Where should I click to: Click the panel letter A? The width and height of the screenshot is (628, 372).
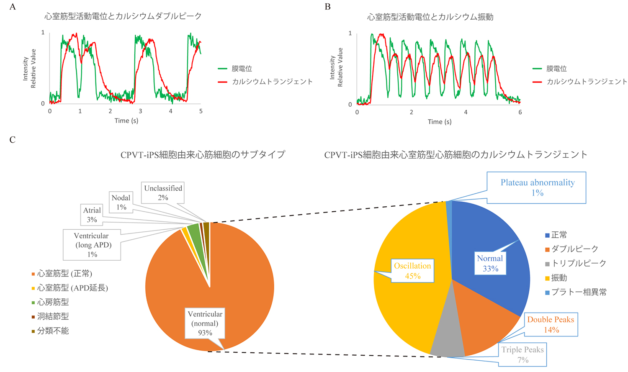tap(13, 7)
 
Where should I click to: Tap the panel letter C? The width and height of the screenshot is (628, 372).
tap(12, 139)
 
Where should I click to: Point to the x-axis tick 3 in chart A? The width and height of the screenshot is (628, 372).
tap(140, 111)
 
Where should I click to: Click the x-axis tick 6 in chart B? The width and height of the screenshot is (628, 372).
tap(520, 112)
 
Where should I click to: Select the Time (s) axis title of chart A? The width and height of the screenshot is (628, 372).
tap(126, 121)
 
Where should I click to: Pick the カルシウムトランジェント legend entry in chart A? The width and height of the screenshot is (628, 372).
tap(265, 82)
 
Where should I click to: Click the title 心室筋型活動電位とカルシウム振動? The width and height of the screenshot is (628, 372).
tap(430, 17)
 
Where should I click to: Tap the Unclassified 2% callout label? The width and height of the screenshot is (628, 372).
tap(163, 193)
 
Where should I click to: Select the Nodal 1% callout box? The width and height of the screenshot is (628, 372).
tap(121, 202)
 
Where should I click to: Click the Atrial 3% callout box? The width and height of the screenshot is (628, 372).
tap(92, 215)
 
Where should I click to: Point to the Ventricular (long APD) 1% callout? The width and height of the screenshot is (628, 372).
tap(92, 245)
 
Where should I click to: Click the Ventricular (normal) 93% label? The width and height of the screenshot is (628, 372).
tap(205, 323)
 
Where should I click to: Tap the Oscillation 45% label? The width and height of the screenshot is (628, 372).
tap(412, 271)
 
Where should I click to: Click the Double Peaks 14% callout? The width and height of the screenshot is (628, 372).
tap(551, 324)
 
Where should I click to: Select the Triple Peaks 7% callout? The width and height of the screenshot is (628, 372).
tap(522, 354)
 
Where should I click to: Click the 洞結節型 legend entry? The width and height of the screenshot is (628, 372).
tap(50, 316)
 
